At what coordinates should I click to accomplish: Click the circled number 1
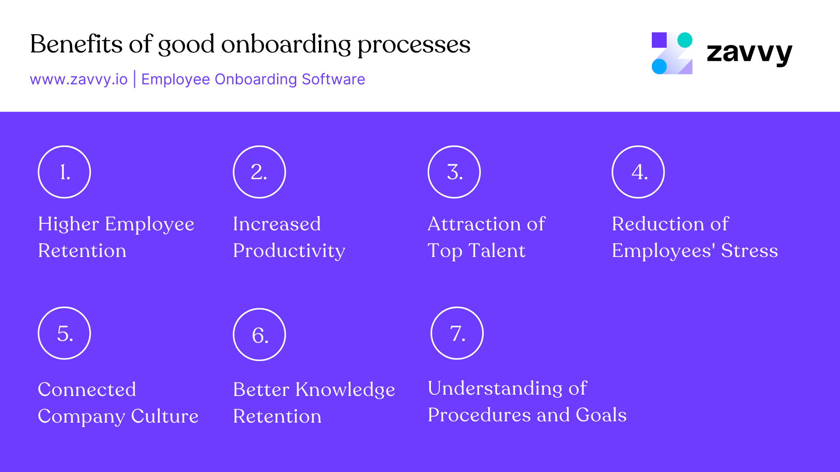[x=64, y=172]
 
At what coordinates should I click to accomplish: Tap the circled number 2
[x=259, y=172]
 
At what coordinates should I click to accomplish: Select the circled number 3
[x=454, y=172]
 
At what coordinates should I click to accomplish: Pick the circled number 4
[x=638, y=172]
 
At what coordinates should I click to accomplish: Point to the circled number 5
[x=64, y=333]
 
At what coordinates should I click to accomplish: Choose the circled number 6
[x=259, y=335]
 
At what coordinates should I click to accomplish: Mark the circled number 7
[x=457, y=333]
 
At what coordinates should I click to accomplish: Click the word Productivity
[x=289, y=251]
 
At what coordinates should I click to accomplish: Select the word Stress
[x=749, y=251]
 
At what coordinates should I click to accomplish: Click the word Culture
[x=164, y=416]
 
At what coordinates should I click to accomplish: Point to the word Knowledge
[x=345, y=390]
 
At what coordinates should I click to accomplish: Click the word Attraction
[x=474, y=224]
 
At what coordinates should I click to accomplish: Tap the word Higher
[x=68, y=224]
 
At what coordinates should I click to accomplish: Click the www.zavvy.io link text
[x=79, y=80]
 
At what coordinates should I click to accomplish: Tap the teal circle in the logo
[x=685, y=40]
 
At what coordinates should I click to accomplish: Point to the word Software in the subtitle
[x=333, y=80]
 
